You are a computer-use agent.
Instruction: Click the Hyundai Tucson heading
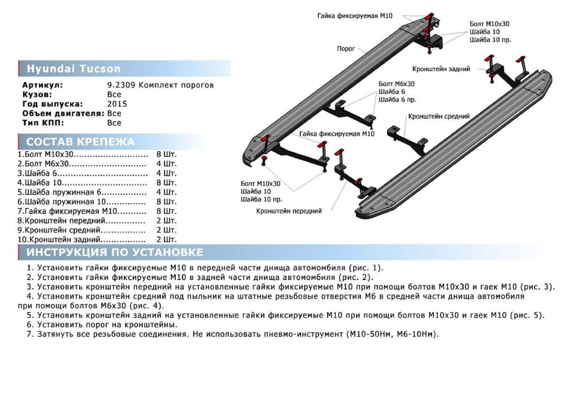(x=73, y=69)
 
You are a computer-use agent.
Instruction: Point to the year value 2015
(x=117, y=104)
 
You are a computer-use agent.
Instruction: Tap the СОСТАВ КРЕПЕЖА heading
(x=80, y=142)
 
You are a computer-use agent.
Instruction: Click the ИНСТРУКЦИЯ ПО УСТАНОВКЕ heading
(x=114, y=253)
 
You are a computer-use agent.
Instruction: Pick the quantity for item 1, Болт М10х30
(x=166, y=154)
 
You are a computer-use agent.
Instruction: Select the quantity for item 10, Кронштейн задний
(x=166, y=239)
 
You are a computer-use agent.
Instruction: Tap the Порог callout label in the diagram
(x=346, y=48)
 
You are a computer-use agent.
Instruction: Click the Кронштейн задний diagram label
(x=441, y=69)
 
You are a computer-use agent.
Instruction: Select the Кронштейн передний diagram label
(x=289, y=211)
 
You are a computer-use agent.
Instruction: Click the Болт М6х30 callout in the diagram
(x=396, y=84)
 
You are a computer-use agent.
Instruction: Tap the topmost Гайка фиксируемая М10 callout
(x=355, y=16)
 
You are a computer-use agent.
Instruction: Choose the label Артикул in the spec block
(x=42, y=85)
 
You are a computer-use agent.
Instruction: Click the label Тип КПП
(x=43, y=123)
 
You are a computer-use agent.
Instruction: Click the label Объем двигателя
(x=63, y=113)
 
